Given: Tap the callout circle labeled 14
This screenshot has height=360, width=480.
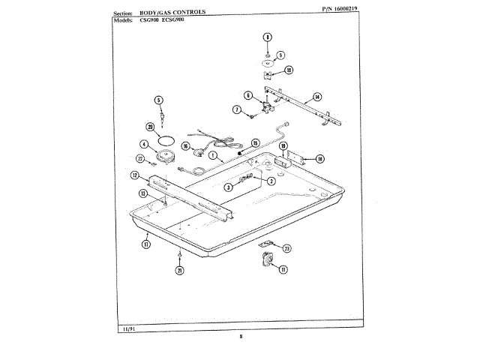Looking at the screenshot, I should pos(317,97).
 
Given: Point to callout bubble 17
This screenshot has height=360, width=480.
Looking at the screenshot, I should pos(145,244).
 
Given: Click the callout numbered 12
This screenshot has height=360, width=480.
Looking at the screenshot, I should pos(135,176).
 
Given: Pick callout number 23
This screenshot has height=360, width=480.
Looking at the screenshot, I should pos(286,248).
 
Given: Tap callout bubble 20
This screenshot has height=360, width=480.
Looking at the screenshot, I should pos(150,127).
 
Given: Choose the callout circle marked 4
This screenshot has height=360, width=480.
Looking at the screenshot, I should pos(144,145).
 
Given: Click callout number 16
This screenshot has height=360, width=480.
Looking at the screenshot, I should pos(185,146).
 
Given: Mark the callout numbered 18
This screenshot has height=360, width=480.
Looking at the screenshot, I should pos(319,158).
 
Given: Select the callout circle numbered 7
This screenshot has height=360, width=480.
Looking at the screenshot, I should pos(236,109).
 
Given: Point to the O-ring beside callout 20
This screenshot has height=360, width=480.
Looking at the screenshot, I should pos(169,139).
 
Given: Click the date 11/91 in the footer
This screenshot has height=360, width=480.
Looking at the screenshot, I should pos(127,328).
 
